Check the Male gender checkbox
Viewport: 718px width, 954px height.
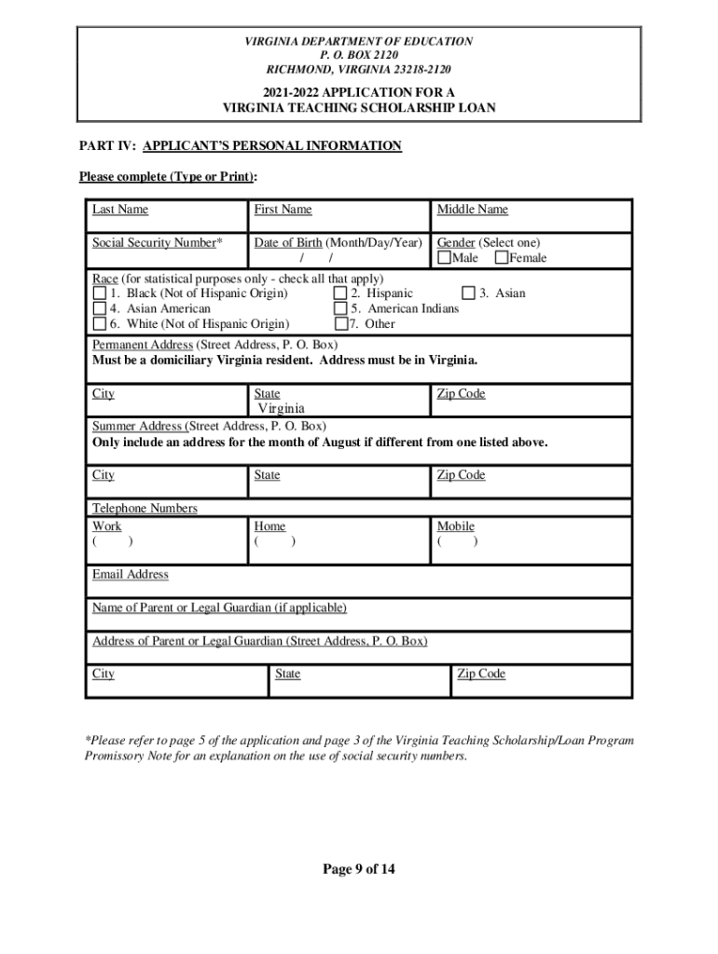(x=444, y=258)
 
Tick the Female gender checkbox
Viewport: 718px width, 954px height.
(x=502, y=258)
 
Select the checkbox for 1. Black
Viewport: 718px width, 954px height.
(x=99, y=293)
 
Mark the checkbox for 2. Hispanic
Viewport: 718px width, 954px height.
(x=340, y=293)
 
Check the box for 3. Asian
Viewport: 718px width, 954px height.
(x=468, y=293)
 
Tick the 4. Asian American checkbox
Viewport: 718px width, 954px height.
(x=99, y=308)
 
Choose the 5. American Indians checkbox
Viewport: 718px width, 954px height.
(x=340, y=308)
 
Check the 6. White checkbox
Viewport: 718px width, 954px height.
(x=99, y=324)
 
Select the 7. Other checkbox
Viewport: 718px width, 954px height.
(x=340, y=324)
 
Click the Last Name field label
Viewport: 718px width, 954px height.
(x=119, y=210)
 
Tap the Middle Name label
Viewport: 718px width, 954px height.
(x=472, y=210)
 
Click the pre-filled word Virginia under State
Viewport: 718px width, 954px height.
(x=281, y=408)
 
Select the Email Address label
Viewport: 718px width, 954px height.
(x=131, y=575)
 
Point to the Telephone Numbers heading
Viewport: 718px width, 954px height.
(x=145, y=509)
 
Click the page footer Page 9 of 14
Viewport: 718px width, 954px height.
(x=359, y=870)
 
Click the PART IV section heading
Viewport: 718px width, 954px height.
(x=241, y=146)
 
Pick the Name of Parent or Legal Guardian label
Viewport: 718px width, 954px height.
(x=219, y=608)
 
